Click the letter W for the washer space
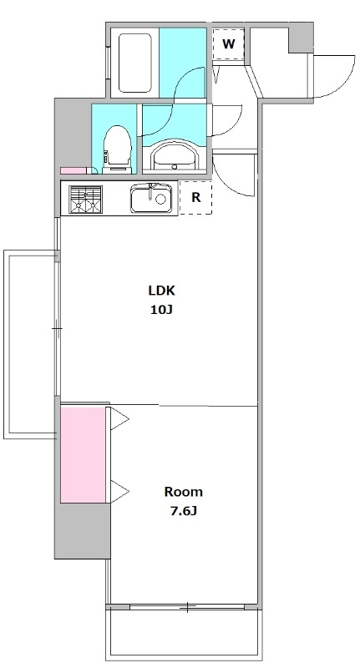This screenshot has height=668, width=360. (x=229, y=43)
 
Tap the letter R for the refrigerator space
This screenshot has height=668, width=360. (x=196, y=197)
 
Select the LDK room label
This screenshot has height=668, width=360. (x=161, y=291)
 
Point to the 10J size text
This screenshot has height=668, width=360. (x=161, y=310)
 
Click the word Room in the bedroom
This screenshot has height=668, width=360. (x=184, y=492)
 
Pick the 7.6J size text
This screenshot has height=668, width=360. (x=184, y=511)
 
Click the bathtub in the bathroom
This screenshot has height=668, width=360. (x=135, y=63)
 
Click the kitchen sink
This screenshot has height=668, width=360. (x=153, y=198)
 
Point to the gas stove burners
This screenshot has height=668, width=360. (x=86, y=200)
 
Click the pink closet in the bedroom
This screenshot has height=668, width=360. (x=83, y=454)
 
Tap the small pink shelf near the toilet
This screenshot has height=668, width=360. (x=74, y=170)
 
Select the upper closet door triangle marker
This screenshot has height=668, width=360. (x=119, y=421)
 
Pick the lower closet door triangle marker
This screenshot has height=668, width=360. (x=119, y=492)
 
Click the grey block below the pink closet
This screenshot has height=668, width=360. (x=82, y=530)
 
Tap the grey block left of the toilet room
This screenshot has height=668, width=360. (x=73, y=135)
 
